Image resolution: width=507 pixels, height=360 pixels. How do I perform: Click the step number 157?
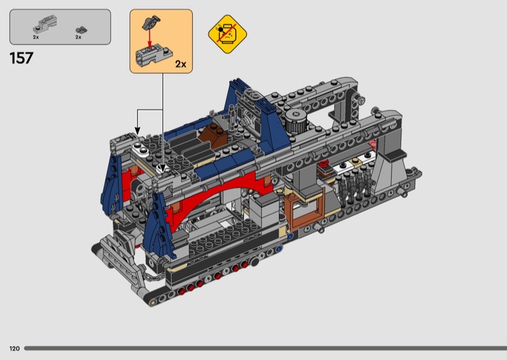(22, 58)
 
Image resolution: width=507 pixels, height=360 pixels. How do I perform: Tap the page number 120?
(15, 349)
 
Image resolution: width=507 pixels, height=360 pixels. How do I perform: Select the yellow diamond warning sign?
(228, 34)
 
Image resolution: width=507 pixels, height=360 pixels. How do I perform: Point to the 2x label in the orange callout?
(181, 64)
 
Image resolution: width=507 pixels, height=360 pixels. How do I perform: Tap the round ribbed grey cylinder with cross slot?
(295, 120)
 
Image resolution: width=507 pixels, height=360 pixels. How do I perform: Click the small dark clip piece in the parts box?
(81, 30)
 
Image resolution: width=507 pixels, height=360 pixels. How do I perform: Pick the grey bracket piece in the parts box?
(45, 24)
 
